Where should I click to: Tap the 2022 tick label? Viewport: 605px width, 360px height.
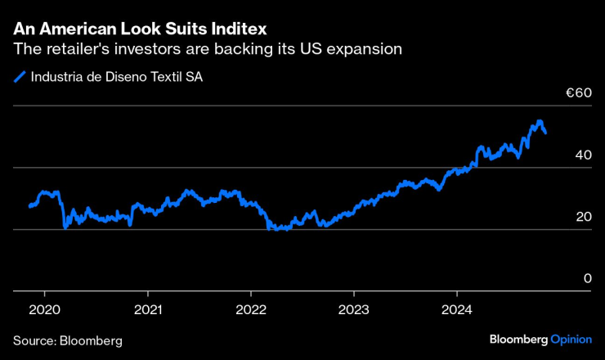pos(250,311)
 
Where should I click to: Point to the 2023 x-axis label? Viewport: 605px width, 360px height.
pos(353,311)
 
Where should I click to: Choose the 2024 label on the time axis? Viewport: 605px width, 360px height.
pos(456,311)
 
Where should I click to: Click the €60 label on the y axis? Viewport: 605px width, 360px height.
pos(578,93)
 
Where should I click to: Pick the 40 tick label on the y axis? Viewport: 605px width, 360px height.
pos(583,155)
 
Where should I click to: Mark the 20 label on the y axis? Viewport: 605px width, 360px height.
pos(583,217)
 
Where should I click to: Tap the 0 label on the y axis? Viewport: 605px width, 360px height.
pos(587,278)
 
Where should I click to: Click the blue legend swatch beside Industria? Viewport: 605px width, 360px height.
pos(20,78)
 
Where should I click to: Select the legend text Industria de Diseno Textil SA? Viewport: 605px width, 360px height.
pos(116,78)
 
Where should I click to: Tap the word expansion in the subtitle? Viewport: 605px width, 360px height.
pos(361,49)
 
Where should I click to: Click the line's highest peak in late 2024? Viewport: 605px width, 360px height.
pos(539,121)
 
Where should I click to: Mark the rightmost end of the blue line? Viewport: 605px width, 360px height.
pos(546,133)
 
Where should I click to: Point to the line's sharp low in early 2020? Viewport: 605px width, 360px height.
pos(65,227)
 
